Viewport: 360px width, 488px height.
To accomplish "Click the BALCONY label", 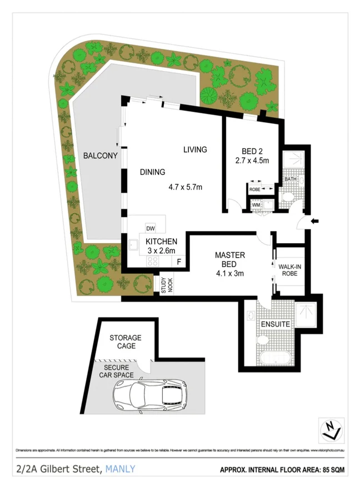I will coord(100,156).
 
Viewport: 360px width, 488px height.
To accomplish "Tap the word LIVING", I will coord(196,149).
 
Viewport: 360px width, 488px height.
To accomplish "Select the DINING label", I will coord(152,172).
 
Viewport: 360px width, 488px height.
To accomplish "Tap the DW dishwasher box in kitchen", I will coord(150,229).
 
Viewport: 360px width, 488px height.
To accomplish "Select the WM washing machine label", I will coord(256,205).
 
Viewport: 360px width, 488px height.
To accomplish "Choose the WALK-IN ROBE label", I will coord(290,270).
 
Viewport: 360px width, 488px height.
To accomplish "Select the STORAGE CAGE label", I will coord(125,341).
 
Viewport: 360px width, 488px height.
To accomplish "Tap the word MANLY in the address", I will coord(120,469).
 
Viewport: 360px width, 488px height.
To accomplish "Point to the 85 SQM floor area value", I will coord(332,470).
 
